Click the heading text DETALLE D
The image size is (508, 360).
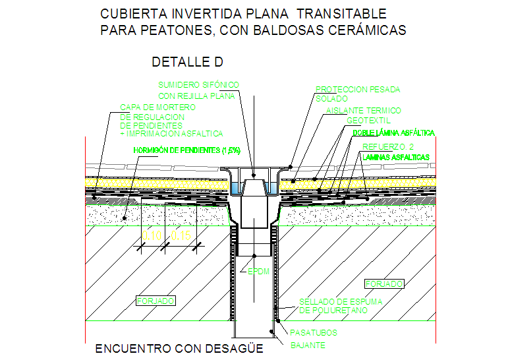pos(188,63)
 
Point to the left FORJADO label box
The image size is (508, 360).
pos(155,301)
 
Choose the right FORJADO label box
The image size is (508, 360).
pos(383,284)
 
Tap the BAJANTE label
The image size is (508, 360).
pos(308,345)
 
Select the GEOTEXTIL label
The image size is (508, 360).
pos(368,121)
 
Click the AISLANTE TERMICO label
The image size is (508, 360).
pos(364,111)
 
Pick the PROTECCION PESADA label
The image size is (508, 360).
pos(358,90)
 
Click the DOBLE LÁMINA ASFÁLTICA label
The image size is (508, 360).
pos(393,133)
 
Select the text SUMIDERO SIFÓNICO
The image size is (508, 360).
pos(198,85)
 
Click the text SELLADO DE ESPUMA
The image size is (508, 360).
pos(341,301)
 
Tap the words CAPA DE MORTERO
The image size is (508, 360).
pos(157,107)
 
